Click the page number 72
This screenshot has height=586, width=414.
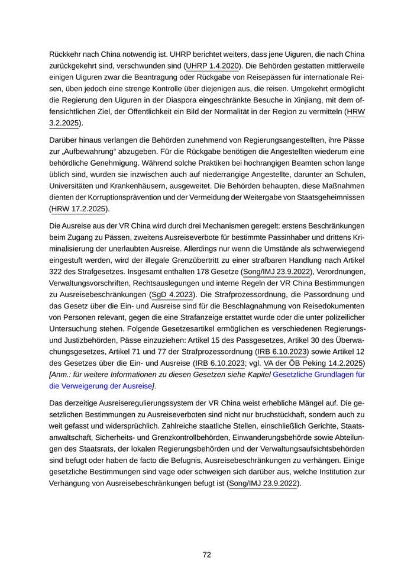click(x=207, y=555)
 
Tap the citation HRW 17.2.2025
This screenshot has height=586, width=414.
click(x=78, y=208)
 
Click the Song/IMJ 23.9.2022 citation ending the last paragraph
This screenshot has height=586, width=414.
click(x=263, y=484)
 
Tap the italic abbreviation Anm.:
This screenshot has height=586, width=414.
click(x=61, y=374)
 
